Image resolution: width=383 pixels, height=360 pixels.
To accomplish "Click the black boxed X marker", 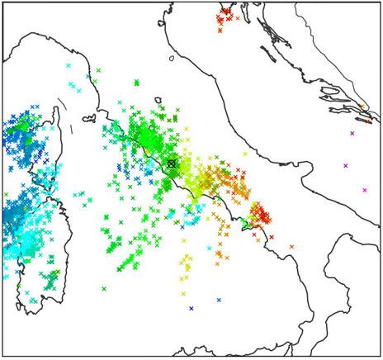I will click(172, 163).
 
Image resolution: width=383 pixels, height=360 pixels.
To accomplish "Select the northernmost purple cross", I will click(352, 133).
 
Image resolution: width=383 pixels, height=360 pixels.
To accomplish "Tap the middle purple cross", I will click(346, 166).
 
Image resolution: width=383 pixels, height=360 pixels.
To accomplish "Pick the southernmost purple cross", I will click(365, 191).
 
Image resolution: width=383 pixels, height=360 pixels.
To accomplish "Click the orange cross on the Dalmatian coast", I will click(362, 107).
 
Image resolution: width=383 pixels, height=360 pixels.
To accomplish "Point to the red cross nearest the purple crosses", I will click(369, 121).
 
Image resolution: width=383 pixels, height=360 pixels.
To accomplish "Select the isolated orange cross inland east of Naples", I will click(291, 246).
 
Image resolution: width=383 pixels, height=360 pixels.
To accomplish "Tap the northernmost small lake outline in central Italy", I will click(171, 59).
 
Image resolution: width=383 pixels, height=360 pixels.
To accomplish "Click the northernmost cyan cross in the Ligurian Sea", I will click(69, 66).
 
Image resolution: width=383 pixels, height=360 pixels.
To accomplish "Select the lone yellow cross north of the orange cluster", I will click(245, 154).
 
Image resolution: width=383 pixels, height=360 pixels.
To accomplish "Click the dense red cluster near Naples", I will click(260, 216).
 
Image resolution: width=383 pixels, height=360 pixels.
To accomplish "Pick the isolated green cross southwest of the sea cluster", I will click(104, 289).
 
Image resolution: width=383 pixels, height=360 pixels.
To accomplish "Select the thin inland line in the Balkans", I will click(330, 50).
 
